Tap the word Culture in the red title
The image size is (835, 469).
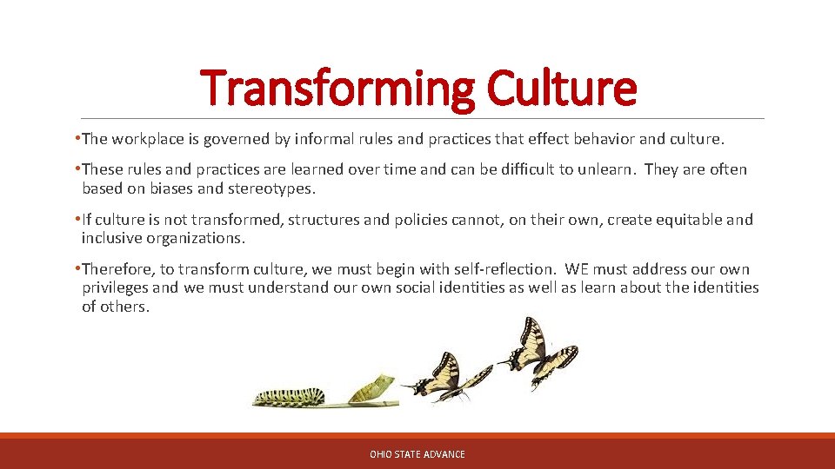(x=561, y=89)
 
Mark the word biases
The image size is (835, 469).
(x=181, y=188)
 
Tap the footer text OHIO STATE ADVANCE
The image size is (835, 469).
(x=417, y=454)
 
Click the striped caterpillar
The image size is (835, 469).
(x=290, y=396)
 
